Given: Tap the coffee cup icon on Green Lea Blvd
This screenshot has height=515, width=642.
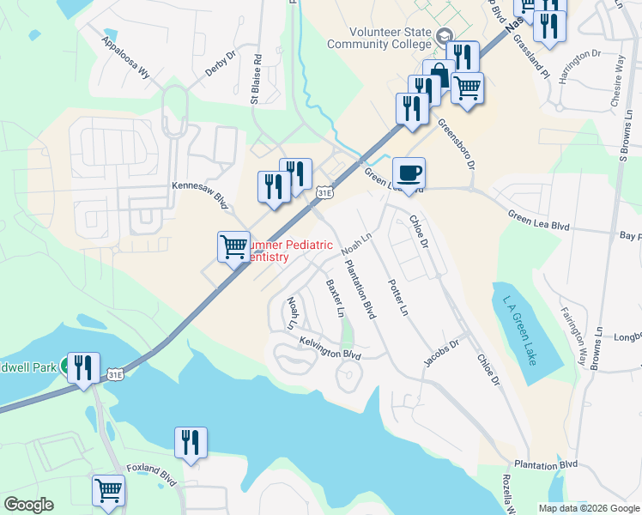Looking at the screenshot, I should pyautogui.click(x=409, y=173).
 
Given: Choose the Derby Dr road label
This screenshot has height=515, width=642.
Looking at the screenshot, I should pyautogui.click(x=220, y=65).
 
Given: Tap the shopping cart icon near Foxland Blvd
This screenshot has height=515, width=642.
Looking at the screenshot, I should pyautogui.click(x=109, y=491).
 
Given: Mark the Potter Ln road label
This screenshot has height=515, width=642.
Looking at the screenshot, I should pyautogui.click(x=396, y=297).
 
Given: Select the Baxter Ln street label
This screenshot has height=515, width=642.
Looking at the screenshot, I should pyautogui.click(x=333, y=294).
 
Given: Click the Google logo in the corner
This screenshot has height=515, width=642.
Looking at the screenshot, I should pyautogui.click(x=28, y=505).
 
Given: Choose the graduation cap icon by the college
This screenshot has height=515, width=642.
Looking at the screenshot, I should pyautogui.click(x=444, y=37).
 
